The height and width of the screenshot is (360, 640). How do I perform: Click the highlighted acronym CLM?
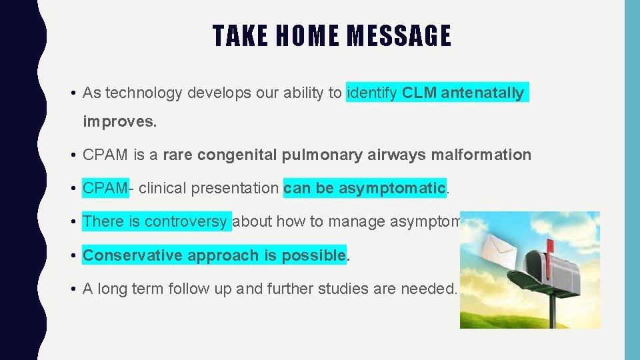[419, 93]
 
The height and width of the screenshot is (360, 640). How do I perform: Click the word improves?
[111, 123]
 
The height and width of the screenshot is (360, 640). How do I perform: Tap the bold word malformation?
[480, 155]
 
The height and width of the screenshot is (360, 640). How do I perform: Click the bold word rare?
[178, 155]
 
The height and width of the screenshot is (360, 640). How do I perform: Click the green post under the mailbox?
[553, 307]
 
